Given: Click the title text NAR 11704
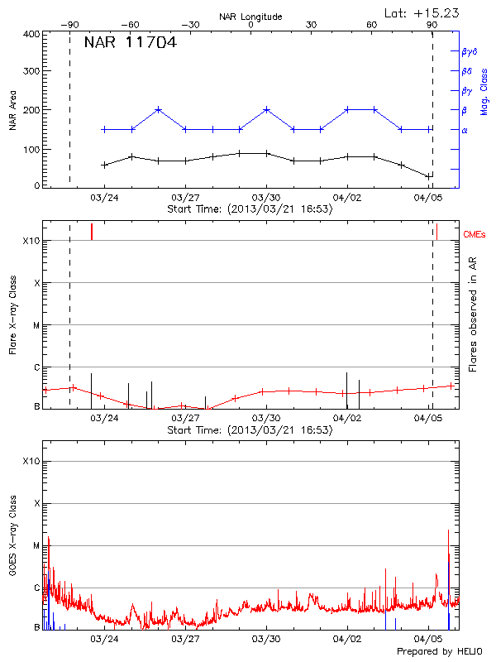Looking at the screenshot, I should [x=130, y=43].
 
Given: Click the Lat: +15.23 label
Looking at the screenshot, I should [x=422, y=12].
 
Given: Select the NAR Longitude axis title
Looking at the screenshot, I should [x=250, y=16].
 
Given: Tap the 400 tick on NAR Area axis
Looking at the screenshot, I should [x=32, y=35].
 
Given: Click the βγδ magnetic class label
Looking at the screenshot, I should [x=469, y=51].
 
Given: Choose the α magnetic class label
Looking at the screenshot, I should [x=465, y=130].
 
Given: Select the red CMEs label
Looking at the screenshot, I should [x=475, y=235].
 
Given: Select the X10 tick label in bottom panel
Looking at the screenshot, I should [x=31, y=460].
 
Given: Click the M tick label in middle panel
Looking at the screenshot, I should [x=36, y=325].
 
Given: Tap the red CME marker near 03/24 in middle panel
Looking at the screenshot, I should [x=92, y=232].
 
